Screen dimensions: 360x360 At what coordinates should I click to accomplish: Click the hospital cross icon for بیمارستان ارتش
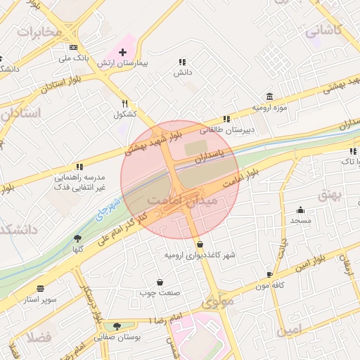pyautogui.click(x=123, y=52)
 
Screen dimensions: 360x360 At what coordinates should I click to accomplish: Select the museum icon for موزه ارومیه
pyautogui.click(x=269, y=96)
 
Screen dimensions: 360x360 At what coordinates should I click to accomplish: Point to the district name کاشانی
pyautogui.click(x=323, y=30)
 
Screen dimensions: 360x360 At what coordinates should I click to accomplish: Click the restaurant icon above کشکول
pyautogui.click(x=124, y=103)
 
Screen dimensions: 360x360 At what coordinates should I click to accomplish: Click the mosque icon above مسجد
pyautogui.click(x=301, y=210)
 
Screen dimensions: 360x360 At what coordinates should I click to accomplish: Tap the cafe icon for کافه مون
pyautogui.click(x=269, y=274)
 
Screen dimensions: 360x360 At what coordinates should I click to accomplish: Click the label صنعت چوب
pyautogui.click(x=160, y=292)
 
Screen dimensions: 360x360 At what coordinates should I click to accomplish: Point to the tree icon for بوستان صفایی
pyautogui.click(x=117, y=326)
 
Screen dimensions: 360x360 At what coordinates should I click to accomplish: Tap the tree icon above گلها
pyautogui.click(x=77, y=238)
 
